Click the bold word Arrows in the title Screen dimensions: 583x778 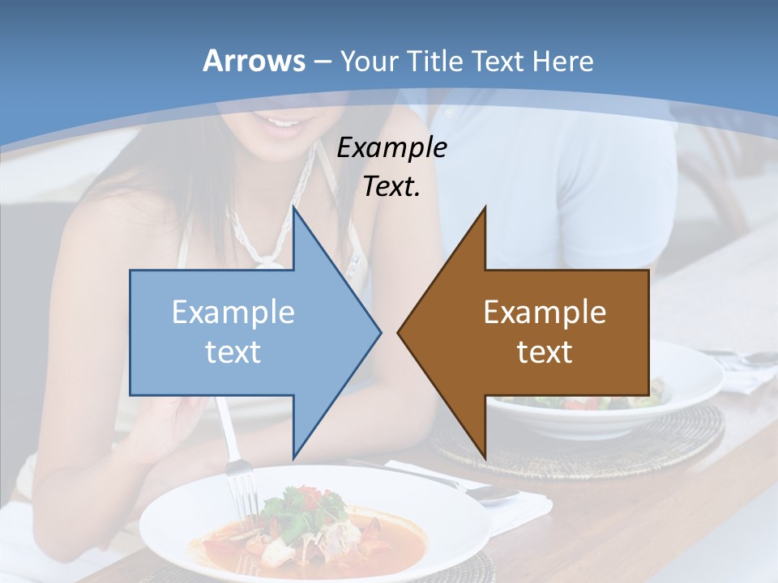tap(253, 61)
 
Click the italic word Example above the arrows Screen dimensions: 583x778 tap(391, 147)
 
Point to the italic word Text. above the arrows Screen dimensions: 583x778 tap(391, 186)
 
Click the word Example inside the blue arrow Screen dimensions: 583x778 tap(233, 312)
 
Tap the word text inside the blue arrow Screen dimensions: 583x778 tap(233, 351)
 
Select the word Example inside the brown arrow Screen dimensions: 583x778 tap(545, 312)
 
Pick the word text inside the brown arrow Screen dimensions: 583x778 tap(545, 351)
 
